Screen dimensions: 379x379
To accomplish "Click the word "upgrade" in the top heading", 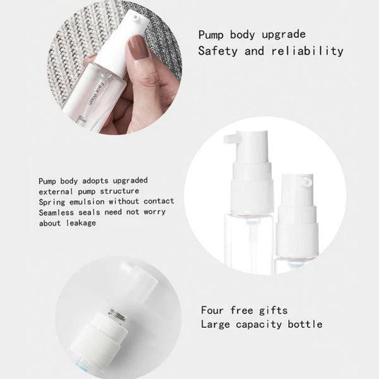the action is [284, 35].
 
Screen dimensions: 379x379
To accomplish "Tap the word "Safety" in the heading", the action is [217, 52].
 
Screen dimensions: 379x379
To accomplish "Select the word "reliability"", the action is [307, 51].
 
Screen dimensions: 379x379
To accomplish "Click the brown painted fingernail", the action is [138, 47].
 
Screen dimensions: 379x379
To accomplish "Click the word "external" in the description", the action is [56, 191].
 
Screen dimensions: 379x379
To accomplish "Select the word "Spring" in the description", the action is [52, 202].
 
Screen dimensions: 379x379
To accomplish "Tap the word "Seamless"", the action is [56, 213].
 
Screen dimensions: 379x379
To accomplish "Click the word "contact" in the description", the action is [159, 201].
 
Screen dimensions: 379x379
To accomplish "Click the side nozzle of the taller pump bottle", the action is [231, 139].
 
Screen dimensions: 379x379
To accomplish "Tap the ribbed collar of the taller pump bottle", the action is [252, 196].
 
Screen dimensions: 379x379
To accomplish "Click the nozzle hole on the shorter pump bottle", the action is [306, 181].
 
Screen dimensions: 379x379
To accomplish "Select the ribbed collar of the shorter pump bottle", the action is [298, 238].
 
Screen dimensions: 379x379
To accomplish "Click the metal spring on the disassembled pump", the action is [117, 314].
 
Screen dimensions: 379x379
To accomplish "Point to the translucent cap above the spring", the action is [138, 282].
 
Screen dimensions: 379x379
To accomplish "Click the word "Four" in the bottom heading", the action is [212, 310].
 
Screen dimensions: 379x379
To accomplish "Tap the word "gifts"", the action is [274, 311].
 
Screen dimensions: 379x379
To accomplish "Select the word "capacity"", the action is [259, 325].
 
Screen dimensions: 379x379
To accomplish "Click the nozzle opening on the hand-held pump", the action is [136, 17].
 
